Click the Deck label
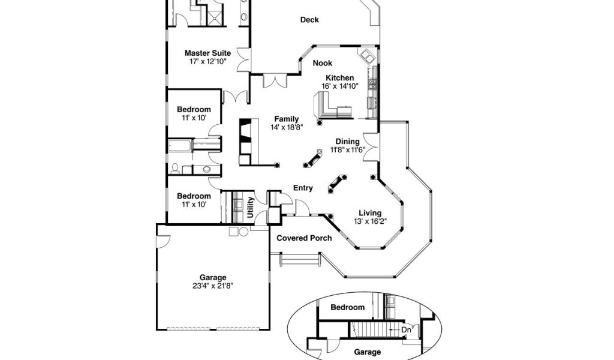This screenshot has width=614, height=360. pos(309,20)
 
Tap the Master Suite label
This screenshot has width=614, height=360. pos(207,53)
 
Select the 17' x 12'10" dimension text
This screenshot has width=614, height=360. pos(207,61)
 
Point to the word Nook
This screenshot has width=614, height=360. pos(323,63)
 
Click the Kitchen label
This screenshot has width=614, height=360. pos(339,78)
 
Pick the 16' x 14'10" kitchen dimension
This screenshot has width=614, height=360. pos(339,86)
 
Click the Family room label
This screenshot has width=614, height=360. pos(287,119)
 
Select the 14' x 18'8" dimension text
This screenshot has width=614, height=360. pos(287,127)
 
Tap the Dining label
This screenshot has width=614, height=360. pos(347,142)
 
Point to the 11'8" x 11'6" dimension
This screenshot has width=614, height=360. pos(347,149)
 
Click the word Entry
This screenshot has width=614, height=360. pos(303,188)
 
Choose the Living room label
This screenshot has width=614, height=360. pos(370,213)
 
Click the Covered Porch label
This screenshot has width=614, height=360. pos(304,238)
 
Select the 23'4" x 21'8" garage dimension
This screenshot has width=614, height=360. pos(213,286)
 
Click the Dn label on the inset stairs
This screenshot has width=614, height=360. pos(406,329)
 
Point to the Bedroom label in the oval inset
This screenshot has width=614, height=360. pos(348,307)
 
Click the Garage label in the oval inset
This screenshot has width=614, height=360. pos(367,352)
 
